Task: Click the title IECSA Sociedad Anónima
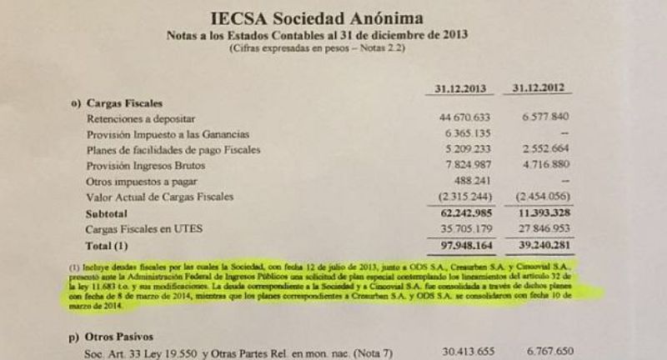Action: tap(339, 17)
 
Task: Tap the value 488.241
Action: tap(476, 181)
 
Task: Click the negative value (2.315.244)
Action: tap(469, 197)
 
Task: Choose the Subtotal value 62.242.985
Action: tap(467, 212)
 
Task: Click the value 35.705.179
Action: tap(469, 228)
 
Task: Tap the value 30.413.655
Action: tap(469, 352)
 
